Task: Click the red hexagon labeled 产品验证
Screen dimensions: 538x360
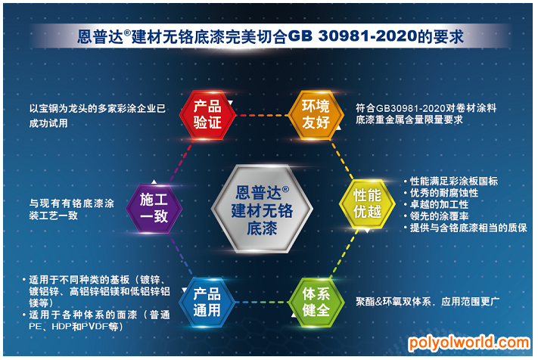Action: click(x=207, y=115)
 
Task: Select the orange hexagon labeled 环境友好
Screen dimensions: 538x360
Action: click(x=316, y=115)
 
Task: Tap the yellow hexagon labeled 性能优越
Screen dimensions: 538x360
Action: click(x=368, y=203)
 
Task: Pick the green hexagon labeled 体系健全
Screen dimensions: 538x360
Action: click(x=316, y=303)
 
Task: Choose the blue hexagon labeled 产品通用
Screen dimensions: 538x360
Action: click(x=207, y=303)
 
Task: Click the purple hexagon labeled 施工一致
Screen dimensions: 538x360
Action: click(x=154, y=209)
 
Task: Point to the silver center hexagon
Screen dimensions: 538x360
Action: click(x=262, y=209)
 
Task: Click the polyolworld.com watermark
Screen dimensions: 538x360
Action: click(x=469, y=343)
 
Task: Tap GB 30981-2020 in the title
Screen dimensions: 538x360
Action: click(x=352, y=36)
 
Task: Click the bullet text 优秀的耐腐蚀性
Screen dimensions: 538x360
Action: click(x=444, y=193)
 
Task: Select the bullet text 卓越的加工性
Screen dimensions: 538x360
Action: click(x=439, y=204)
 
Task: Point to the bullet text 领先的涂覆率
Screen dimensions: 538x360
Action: click(x=439, y=216)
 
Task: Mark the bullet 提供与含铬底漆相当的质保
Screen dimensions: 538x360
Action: click(x=468, y=228)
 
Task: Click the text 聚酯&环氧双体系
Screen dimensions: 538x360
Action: click(x=393, y=302)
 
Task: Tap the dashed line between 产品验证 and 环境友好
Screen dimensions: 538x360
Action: click(x=262, y=115)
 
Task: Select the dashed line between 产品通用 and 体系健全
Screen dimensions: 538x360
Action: click(x=262, y=303)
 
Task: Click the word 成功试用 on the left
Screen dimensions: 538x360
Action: click(x=48, y=123)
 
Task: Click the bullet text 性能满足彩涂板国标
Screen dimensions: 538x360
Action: click(x=453, y=181)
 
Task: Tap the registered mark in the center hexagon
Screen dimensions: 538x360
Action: click(x=285, y=189)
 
